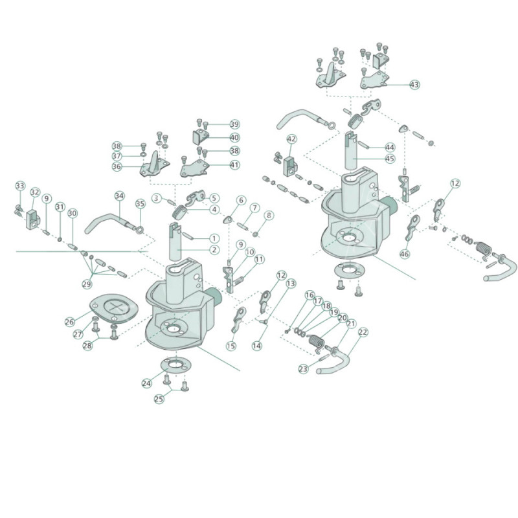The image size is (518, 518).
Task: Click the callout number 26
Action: tap(70, 322)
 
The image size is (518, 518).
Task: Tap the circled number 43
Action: tap(414, 85)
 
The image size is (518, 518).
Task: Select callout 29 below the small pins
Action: tap(87, 284)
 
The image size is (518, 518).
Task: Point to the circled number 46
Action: tap(404, 254)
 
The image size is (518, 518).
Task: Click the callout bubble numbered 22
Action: tap(363, 332)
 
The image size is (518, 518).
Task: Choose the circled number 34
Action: tap(120, 196)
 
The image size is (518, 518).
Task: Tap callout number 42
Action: tap(291, 139)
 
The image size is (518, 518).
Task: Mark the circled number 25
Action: tap(159, 399)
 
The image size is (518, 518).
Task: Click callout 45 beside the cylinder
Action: tap(390, 159)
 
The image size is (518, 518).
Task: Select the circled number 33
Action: tap(20, 186)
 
